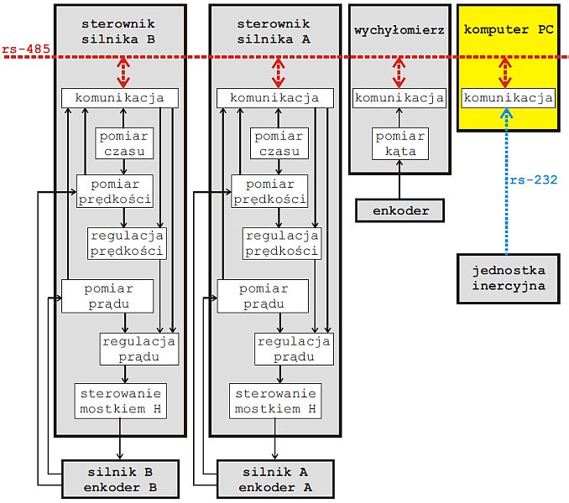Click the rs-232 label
[x=532, y=179]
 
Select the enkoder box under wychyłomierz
[x=399, y=211]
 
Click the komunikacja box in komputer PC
[x=509, y=98]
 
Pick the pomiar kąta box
[x=399, y=143]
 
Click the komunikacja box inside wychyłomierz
[x=399, y=98]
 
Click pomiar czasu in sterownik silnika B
[x=124, y=143]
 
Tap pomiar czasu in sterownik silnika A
[x=279, y=143]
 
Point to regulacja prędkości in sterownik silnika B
[x=127, y=242]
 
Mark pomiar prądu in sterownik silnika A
[x=264, y=296]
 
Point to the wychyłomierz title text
[x=399, y=29]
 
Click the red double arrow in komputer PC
[x=505, y=73]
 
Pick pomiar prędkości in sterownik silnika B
[x=114, y=191]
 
